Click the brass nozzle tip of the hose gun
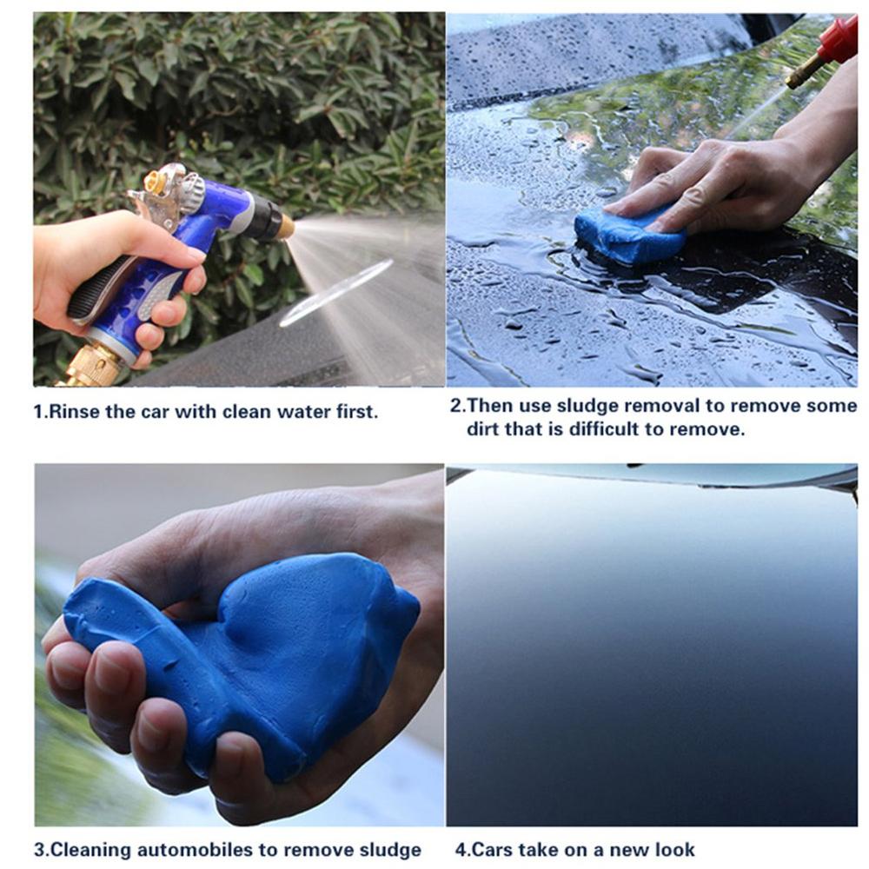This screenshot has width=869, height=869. click(x=284, y=228)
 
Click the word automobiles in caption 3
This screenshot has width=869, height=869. click(x=205, y=850)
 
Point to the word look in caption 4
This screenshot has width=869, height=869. click(x=673, y=850)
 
